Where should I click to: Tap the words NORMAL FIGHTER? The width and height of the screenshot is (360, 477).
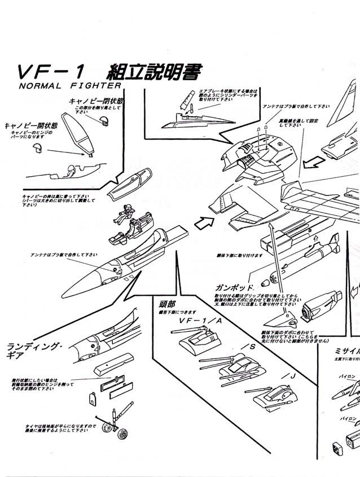(70, 86)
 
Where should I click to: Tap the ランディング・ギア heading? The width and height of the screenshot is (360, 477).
(34, 351)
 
